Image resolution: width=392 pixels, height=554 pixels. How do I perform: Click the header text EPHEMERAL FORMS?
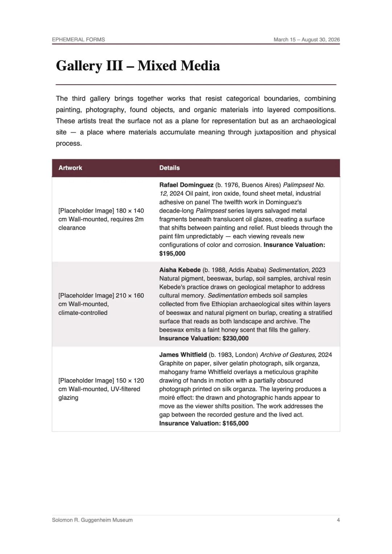[78, 40]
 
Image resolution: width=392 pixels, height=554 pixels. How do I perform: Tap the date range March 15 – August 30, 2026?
[306, 40]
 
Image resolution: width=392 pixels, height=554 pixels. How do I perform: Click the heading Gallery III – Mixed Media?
[138, 66]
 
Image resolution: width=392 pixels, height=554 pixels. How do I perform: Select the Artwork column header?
[70, 168]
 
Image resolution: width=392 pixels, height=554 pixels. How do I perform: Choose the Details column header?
[170, 168]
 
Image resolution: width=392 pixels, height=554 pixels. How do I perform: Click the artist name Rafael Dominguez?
[186, 185]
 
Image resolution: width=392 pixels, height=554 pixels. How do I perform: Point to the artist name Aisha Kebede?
[180, 270]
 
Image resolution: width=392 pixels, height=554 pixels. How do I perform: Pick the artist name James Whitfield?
[183, 355]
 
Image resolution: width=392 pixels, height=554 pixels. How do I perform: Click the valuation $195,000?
[172, 254]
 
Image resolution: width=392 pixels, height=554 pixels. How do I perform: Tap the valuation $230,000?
[235, 338]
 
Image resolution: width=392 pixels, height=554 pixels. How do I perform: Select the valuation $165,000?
[235, 423]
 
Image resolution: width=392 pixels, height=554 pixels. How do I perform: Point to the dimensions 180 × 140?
[130, 211]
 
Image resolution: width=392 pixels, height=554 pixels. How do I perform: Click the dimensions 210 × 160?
[130, 296]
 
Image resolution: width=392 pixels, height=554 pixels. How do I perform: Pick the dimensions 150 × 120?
[130, 381]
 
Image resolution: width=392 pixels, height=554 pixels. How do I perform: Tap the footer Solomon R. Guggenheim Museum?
[92, 520]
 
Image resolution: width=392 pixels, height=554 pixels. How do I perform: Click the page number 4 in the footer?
[338, 520]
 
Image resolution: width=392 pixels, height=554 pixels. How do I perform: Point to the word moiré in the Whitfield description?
[167, 398]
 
